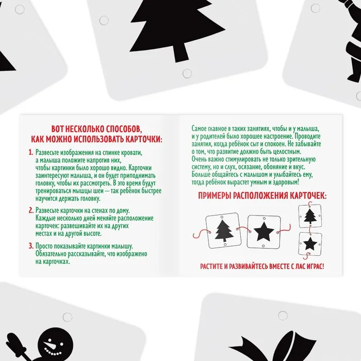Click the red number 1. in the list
tap(31, 153)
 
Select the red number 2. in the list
tap(31, 210)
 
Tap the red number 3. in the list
tap(31, 246)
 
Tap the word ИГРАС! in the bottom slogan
tap(316, 267)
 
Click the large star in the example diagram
tap(264, 232)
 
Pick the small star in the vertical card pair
tap(310, 243)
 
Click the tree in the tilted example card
tap(224, 231)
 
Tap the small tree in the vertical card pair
tap(310, 216)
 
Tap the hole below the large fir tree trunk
tap(187, 73)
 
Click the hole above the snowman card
tap(68, 317)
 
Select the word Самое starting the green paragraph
tap(199, 128)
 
